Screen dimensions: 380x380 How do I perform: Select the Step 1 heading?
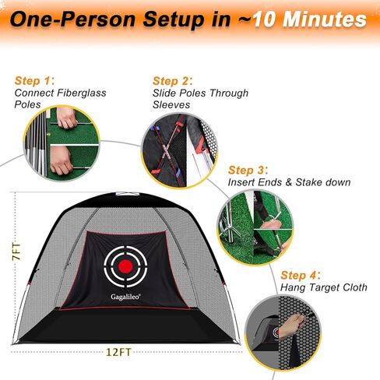tap(33, 80)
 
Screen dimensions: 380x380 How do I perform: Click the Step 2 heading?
tap(171, 80)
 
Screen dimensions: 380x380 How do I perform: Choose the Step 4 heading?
tap(300, 275)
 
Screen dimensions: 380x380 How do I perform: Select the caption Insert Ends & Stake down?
tap(288, 182)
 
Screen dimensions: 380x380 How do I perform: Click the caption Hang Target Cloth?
tap(324, 288)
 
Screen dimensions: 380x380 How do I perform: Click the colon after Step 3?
tap(266, 169)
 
